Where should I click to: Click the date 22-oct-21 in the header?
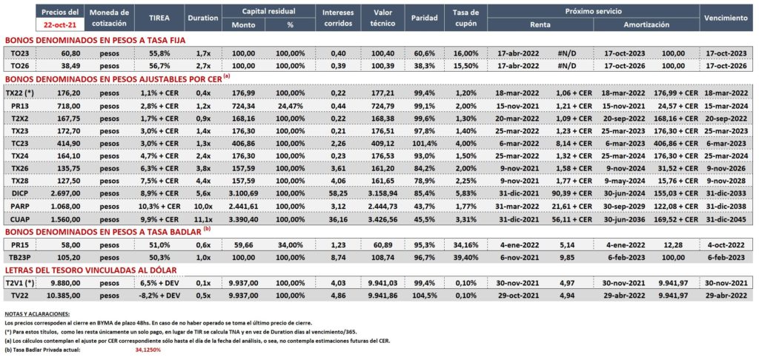[59, 24]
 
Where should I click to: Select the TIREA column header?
[159, 18]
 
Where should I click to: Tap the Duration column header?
[202, 18]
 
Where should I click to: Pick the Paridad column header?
[424, 18]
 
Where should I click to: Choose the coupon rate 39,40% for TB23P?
[468, 257]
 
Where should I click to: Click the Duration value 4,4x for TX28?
[202, 181]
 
